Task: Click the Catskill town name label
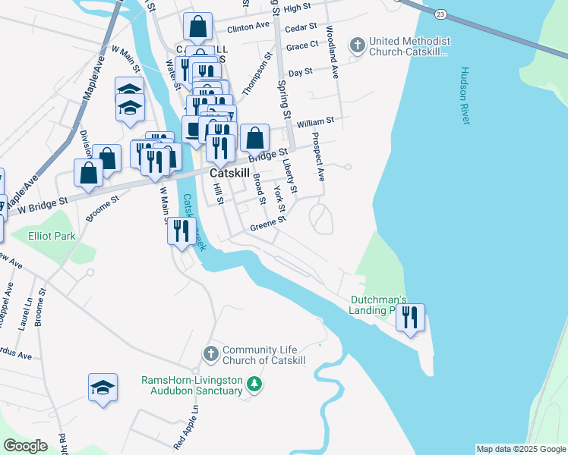(229, 173)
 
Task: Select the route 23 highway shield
(440, 14)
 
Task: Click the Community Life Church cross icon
(210, 353)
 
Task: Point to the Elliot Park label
(52, 236)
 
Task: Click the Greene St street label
(268, 224)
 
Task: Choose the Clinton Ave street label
(248, 26)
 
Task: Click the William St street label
(315, 121)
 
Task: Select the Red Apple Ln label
(185, 425)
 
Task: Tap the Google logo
(25, 446)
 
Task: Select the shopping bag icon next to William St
(255, 137)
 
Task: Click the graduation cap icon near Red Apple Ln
(103, 388)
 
